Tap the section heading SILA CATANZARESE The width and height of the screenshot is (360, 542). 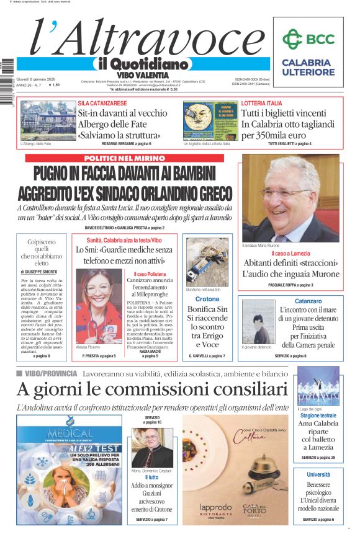coord(102,103)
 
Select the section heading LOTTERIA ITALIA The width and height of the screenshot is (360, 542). coord(261,103)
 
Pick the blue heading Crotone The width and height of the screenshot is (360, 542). coord(207,299)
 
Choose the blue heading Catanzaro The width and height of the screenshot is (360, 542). coord(290,301)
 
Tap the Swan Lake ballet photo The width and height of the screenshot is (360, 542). coord(318,386)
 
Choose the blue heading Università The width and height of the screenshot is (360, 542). coord(318,474)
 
